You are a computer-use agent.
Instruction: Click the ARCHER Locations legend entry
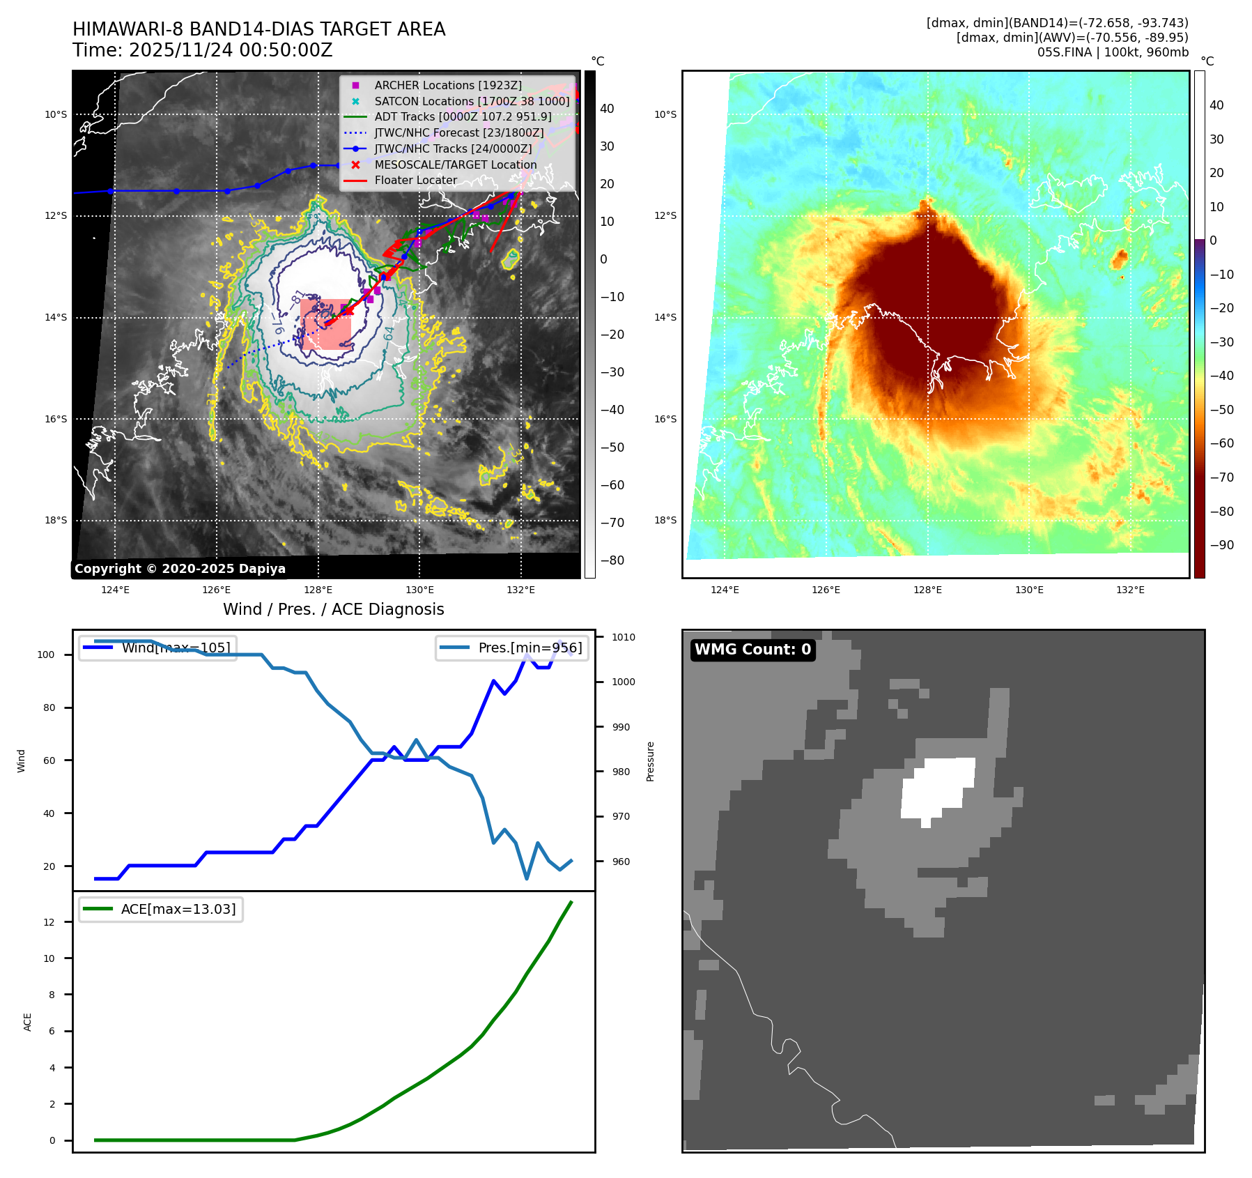click(x=447, y=85)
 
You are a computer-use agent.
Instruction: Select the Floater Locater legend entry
click(x=415, y=180)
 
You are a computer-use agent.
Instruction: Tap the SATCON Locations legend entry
click(x=472, y=101)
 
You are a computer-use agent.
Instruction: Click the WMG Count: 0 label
click(x=752, y=650)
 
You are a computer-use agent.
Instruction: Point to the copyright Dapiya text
click(x=180, y=569)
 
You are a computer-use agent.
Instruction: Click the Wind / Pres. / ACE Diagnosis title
click(x=333, y=609)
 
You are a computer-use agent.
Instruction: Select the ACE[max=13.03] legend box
click(x=161, y=909)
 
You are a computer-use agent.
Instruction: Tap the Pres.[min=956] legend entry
click(x=530, y=648)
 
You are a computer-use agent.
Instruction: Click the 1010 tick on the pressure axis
click(x=623, y=637)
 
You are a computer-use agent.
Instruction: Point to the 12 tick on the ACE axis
click(x=49, y=922)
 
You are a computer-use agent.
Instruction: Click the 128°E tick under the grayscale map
click(x=318, y=590)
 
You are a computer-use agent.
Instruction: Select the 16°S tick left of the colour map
click(x=665, y=419)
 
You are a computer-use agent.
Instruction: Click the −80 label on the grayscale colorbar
click(x=612, y=560)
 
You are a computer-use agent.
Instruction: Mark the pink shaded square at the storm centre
click(x=325, y=324)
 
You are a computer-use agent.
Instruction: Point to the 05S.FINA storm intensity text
click(x=1113, y=52)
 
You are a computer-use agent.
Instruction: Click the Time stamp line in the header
click(x=202, y=50)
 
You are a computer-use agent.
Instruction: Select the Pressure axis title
click(x=650, y=761)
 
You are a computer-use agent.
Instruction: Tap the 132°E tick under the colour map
click(x=1130, y=590)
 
